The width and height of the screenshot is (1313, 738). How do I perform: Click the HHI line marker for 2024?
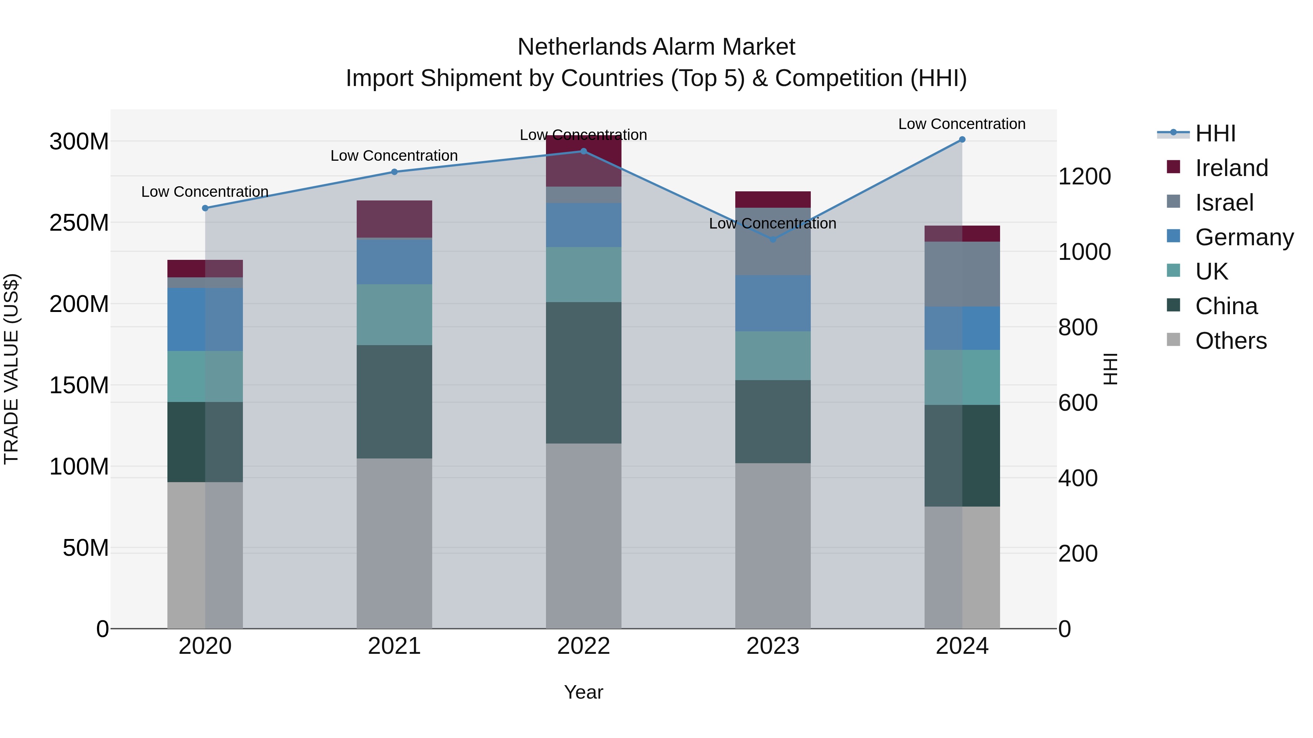coord(962,140)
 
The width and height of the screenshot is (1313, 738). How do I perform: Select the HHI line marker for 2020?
coord(205,208)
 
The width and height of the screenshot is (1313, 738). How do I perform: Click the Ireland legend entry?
coord(1231,168)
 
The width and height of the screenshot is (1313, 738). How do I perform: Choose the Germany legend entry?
coord(1244,237)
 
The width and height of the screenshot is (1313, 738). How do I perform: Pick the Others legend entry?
coord(1231,341)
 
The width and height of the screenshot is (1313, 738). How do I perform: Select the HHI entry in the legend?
coord(1215,133)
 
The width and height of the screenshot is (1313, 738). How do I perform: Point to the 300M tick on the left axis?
coord(79,142)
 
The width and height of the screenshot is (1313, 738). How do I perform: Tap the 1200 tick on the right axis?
coord(1084,177)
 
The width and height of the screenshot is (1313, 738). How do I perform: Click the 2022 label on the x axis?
coord(583,646)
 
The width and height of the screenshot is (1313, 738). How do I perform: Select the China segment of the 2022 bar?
coord(583,372)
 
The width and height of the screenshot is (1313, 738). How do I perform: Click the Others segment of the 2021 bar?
coord(394,543)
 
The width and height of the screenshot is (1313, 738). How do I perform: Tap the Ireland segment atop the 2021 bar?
coord(394,219)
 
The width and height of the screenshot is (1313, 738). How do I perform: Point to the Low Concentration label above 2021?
coord(394,156)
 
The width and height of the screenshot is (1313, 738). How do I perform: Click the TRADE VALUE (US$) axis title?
coord(11,369)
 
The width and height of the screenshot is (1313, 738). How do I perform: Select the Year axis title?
coord(583,692)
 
